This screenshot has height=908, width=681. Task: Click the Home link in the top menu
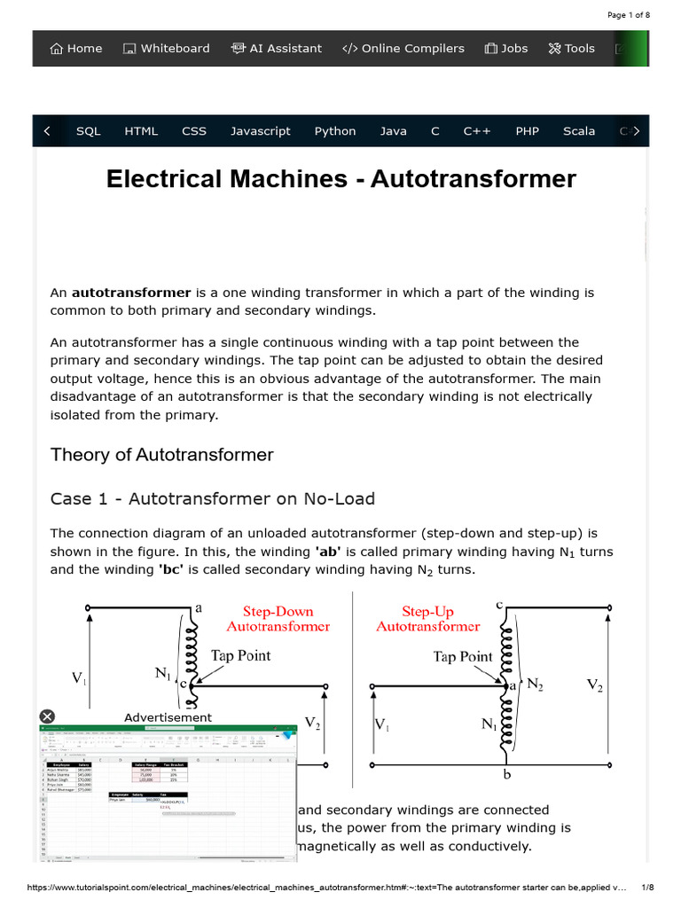point(76,49)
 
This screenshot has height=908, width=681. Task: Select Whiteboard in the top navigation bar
point(167,49)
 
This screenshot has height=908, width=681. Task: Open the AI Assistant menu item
point(277,49)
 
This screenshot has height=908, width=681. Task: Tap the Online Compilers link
point(403,49)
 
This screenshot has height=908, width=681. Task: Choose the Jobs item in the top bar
point(506,49)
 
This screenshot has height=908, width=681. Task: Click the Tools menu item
point(572,49)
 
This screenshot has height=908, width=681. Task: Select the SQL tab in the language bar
point(89,131)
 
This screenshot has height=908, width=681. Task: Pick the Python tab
point(335,131)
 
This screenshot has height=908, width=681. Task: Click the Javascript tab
point(261,131)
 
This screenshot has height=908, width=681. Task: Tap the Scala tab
point(579,131)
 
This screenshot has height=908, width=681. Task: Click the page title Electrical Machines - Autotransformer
point(340,179)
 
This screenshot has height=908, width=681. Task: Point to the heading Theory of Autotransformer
point(162,455)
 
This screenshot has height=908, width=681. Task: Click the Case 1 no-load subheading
point(213,498)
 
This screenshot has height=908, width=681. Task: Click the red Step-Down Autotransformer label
point(278,619)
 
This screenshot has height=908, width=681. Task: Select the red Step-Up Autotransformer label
point(427,619)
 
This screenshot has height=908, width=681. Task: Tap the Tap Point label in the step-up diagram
point(462,657)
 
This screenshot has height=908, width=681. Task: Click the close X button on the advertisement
point(47,716)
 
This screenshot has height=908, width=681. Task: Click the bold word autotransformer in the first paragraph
point(131,293)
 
